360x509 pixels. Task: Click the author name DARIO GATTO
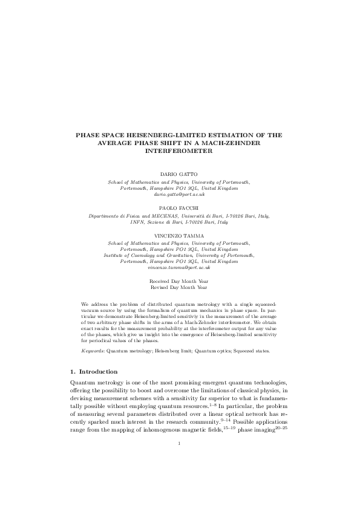click(179, 173)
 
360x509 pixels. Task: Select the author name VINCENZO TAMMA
click(179, 235)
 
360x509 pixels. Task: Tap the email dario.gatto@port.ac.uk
click(179, 195)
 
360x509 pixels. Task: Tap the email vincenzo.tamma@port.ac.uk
click(179, 267)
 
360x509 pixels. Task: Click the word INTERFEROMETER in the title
click(180, 152)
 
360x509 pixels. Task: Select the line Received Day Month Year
click(179, 282)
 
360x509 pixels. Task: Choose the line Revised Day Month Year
click(179, 288)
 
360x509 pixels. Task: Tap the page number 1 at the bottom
click(180, 478)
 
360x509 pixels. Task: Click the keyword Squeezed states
click(252, 351)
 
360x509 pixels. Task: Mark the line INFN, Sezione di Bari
click(179, 222)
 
